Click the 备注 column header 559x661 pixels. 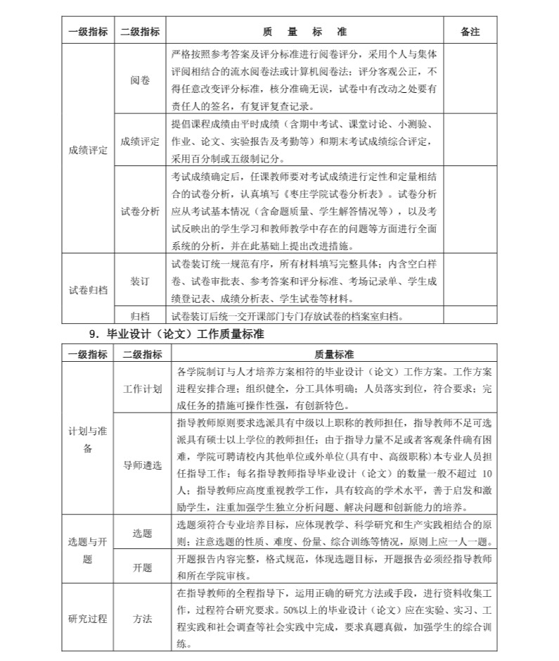pyautogui.click(x=470, y=32)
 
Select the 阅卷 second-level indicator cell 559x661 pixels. pyautogui.click(x=140, y=80)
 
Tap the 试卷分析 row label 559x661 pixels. pyautogui.click(x=140, y=210)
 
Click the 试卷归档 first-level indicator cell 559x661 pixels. pyautogui.click(x=88, y=289)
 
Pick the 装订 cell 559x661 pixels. pyautogui.click(x=140, y=281)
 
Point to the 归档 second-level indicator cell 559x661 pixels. pyautogui.click(x=140, y=315)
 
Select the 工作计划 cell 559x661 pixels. pyautogui.click(x=142, y=388)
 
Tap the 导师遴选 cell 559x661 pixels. pyautogui.click(x=142, y=465)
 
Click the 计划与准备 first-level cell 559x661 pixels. pyautogui.click(x=88, y=440)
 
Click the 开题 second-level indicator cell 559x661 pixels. pyautogui.click(x=142, y=567)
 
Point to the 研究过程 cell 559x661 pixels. pyautogui.click(x=88, y=618)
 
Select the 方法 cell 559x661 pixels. pyautogui.click(x=142, y=618)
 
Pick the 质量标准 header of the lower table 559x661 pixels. pyautogui.click(x=333, y=354)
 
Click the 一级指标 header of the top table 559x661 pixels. pyautogui.click(x=88, y=32)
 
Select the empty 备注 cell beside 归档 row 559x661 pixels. pyautogui.click(x=470, y=315)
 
